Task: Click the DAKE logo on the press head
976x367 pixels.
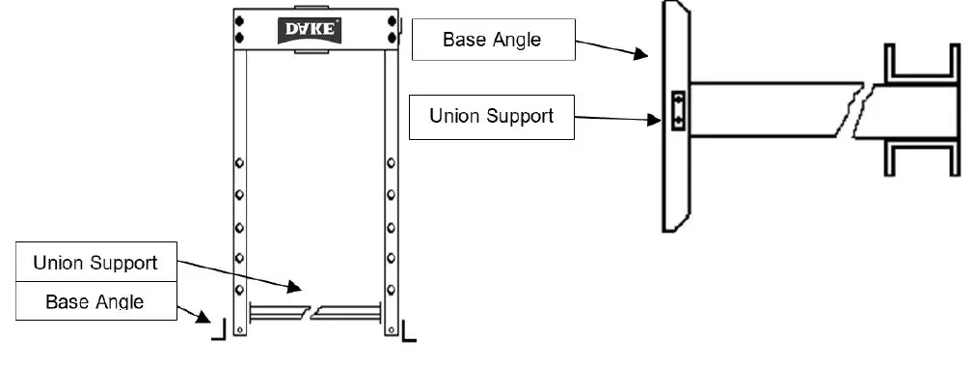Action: [x=311, y=28]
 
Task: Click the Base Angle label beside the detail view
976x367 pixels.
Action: [x=492, y=40]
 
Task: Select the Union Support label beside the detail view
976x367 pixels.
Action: [x=492, y=116]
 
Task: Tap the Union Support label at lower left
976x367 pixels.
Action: [x=95, y=263]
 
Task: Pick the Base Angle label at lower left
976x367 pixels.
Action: [x=95, y=301]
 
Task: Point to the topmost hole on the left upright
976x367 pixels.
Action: [x=239, y=162]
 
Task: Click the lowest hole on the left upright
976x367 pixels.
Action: [x=239, y=289]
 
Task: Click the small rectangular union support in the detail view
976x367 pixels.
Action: [x=677, y=108]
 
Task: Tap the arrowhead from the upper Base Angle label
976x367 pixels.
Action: [x=642, y=56]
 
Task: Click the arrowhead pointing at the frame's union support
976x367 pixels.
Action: [x=297, y=286]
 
